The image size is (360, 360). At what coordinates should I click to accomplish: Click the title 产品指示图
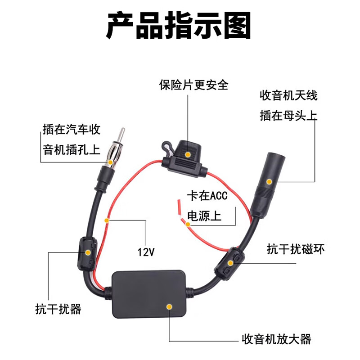tap(179, 26)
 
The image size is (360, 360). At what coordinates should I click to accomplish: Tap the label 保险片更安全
tap(193, 85)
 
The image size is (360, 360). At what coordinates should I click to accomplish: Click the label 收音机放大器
tap(276, 338)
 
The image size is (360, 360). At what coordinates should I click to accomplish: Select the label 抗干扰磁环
tap(296, 248)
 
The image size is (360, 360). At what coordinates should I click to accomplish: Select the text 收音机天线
tap(288, 95)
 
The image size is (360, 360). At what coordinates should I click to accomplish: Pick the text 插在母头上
tap(288, 116)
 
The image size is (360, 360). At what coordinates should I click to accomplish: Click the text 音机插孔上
tap(71, 149)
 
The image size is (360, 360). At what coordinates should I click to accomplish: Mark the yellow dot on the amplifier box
tap(169, 306)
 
